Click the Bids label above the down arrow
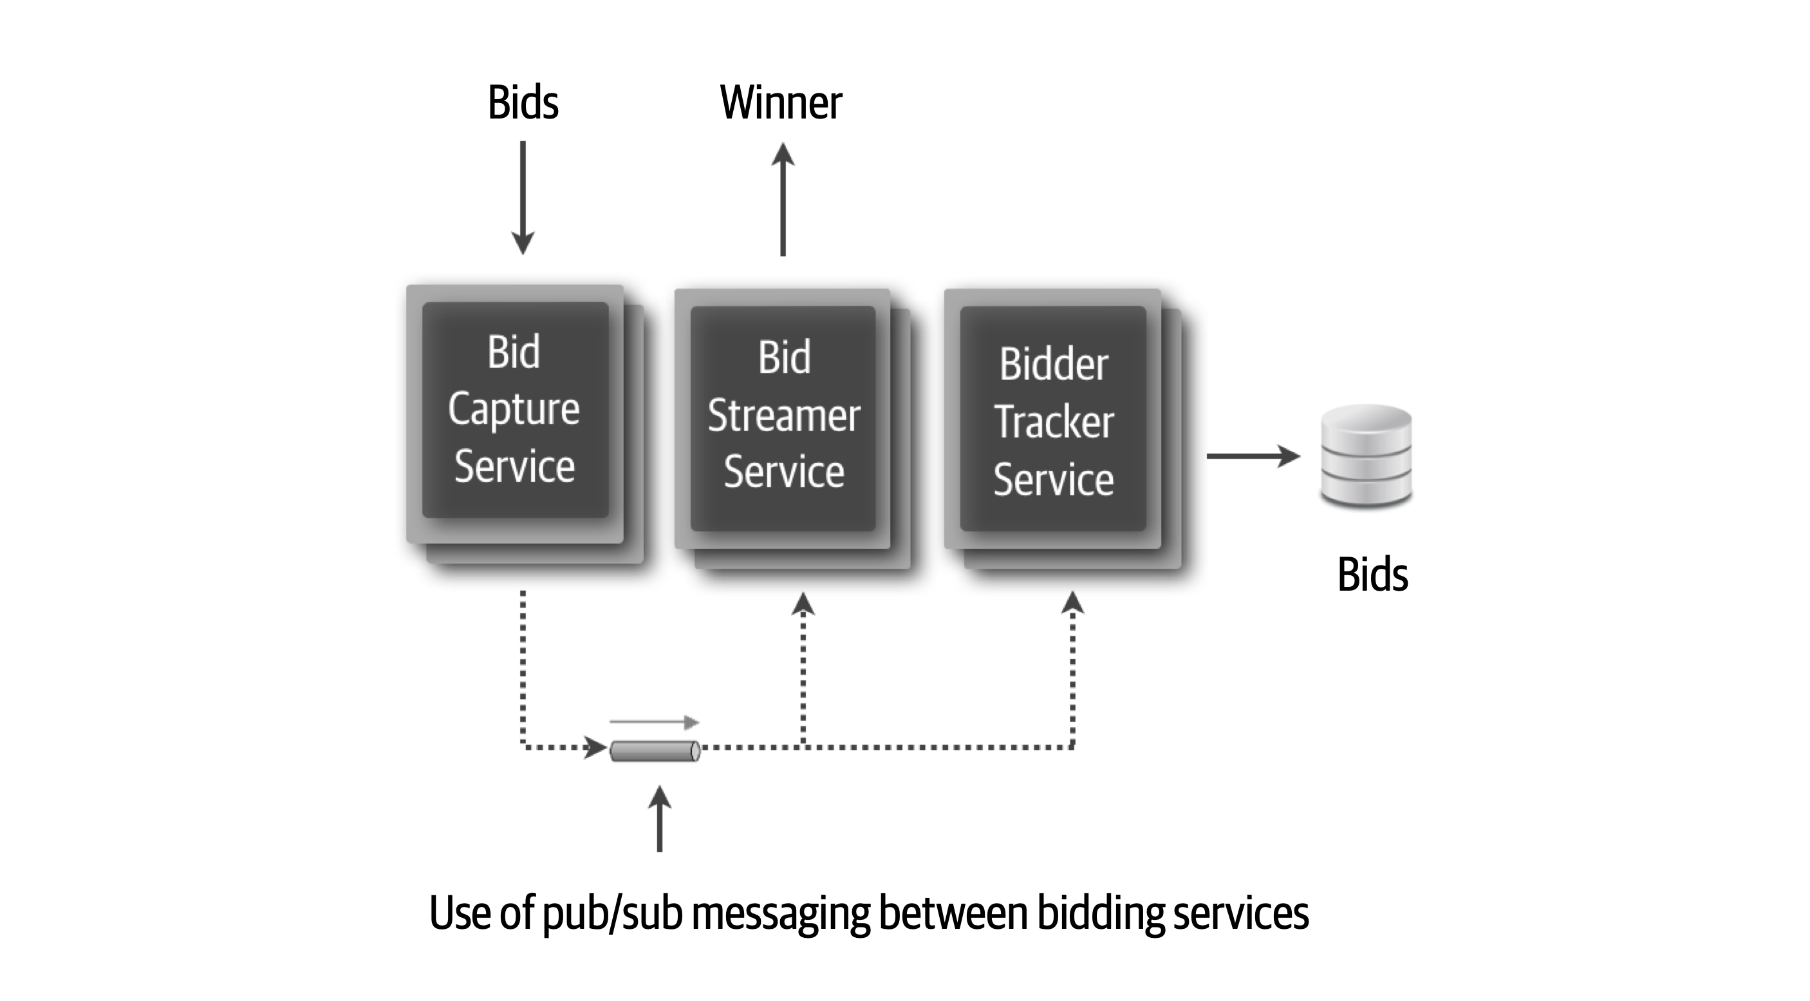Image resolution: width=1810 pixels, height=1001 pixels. coord(523,102)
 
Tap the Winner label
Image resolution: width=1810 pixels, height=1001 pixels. coord(781,102)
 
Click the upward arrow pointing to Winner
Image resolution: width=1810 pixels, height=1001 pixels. coord(783,200)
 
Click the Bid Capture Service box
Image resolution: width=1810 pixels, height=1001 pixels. coord(515,410)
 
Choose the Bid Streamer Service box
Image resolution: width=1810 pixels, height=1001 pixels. coord(783,417)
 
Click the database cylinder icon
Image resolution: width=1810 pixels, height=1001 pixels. coord(1366,455)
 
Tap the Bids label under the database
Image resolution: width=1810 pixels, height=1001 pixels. coord(1372,575)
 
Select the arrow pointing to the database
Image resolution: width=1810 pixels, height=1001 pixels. coord(1253,456)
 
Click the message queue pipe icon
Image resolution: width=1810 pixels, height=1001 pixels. coord(654,751)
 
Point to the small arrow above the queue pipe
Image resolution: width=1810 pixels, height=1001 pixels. coord(654,722)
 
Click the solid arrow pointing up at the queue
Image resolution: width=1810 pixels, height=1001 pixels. coord(659,819)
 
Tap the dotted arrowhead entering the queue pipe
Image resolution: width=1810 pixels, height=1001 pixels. coord(597,747)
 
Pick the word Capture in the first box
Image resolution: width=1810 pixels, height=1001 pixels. coord(514,410)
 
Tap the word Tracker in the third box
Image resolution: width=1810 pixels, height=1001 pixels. coord(1054,422)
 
